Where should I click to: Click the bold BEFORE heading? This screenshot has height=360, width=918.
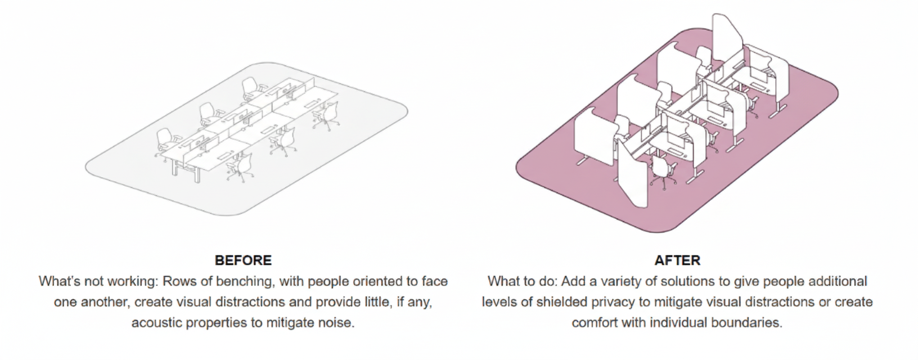tap(243, 260)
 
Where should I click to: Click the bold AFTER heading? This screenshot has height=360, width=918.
tap(677, 260)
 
